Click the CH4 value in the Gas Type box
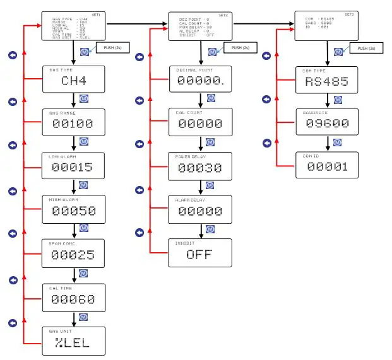tap(73, 81)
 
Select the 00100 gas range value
tap(73, 124)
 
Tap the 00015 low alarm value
tap(73, 168)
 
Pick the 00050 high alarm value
tap(73, 211)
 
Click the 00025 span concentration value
tap(73, 255)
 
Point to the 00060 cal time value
tap(73, 299)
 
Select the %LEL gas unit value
tap(73, 343)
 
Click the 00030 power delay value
tap(199, 168)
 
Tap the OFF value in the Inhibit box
tap(199, 255)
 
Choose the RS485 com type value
tap(326, 81)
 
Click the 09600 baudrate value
tap(326, 124)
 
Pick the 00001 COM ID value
tap(326, 166)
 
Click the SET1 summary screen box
tap(74, 26)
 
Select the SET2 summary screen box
tap(200, 26)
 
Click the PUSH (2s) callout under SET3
tap(366, 49)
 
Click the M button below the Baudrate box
tap(337, 142)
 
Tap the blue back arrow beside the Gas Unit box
tap(12, 323)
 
